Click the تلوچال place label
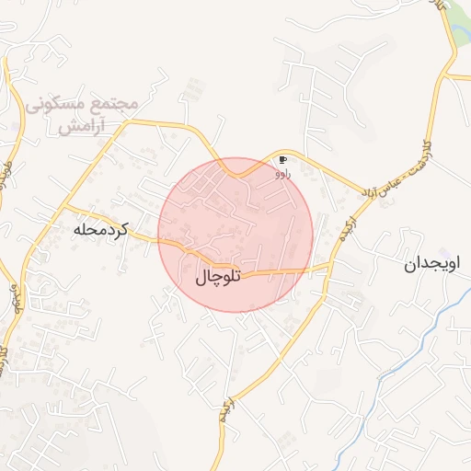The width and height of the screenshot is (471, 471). pyautogui.click(x=218, y=276)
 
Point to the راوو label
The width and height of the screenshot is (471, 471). pyautogui.click(x=282, y=172)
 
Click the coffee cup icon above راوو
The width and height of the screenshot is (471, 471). pyautogui.click(x=282, y=160)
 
